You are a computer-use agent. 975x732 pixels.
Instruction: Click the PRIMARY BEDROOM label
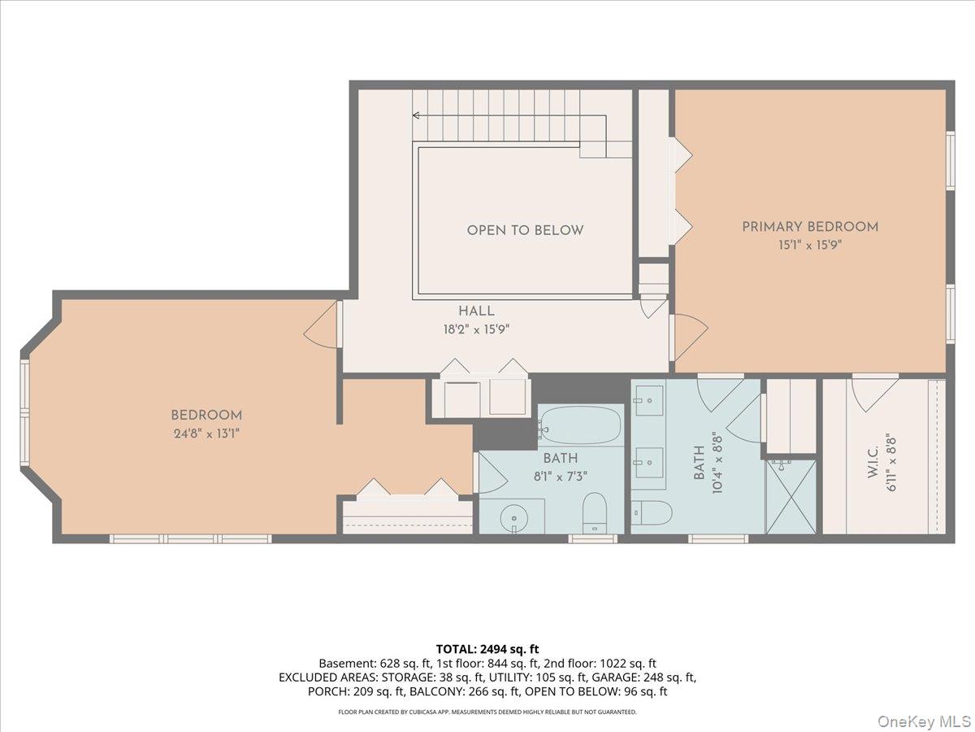point(810,227)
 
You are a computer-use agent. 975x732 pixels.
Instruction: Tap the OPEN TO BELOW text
point(525,230)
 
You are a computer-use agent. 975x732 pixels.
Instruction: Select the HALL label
point(476,312)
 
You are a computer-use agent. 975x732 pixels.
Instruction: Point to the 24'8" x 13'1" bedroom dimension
point(206,434)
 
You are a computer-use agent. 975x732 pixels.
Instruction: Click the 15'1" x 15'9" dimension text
point(810,245)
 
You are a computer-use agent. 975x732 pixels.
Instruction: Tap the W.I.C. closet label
point(873,462)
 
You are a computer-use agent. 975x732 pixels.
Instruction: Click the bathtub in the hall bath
point(581,425)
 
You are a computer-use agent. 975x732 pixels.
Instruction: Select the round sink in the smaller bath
point(514,518)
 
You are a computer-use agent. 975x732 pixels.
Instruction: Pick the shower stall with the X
point(791,496)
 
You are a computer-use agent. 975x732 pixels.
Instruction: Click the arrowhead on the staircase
point(416,115)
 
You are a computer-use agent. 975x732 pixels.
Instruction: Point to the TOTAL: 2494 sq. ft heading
point(487,649)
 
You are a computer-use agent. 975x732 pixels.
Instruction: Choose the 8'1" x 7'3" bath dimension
point(561,477)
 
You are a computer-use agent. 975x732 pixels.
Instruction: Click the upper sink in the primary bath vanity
point(649,400)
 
